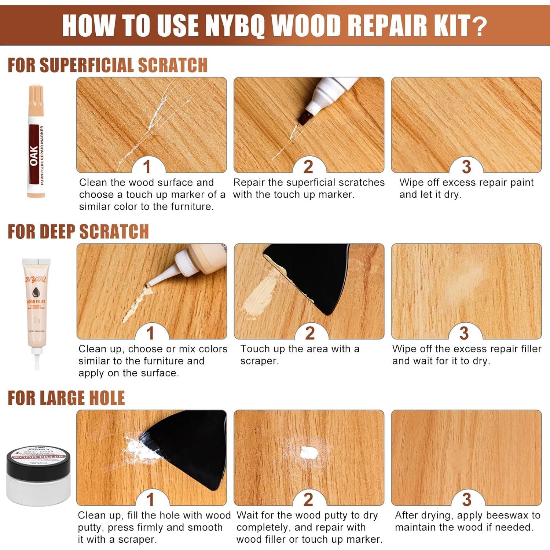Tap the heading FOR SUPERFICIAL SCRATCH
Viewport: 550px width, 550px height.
pyautogui.click(x=107, y=65)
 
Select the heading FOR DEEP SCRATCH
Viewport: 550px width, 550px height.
pyautogui.click(x=78, y=232)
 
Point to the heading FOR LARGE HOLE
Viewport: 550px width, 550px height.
pyautogui.click(x=66, y=398)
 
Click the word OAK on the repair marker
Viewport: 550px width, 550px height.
pyautogui.click(x=34, y=156)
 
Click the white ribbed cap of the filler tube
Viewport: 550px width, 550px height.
pyautogui.click(x=186, y=264)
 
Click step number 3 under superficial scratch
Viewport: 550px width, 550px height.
pyautogui.click(x=466, y=167)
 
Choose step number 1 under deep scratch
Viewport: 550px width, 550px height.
pyautogui.click(x=150, y=333)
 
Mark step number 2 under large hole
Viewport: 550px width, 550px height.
pyautogui.click(x=308, y=500)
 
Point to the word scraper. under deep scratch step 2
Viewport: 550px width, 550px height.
pyautogui.click(x=259, y=361)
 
